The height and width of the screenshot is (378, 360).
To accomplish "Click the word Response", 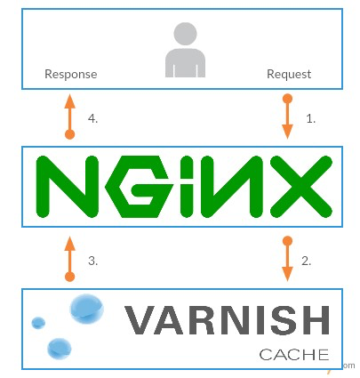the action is pos(71,75).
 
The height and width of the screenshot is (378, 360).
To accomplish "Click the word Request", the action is pos(289,75).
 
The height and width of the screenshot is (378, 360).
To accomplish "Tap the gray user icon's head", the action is pos(185,34).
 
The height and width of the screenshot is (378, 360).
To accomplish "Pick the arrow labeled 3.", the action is pos(69,259).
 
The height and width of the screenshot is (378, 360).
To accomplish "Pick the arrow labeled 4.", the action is pos(69,117).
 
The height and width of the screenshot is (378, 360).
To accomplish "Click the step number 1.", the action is pos(310,118).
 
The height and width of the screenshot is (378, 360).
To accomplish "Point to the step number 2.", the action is pos(307,261).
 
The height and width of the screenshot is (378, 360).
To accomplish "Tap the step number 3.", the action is pos(92,261).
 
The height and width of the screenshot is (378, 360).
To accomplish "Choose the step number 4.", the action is pos(92,118).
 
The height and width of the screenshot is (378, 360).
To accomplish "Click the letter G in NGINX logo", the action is pos(140,187).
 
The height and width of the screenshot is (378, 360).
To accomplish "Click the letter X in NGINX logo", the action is pos(300,187).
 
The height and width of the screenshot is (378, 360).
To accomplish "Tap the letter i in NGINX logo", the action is pos(187,187).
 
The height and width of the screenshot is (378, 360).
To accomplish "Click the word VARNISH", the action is pos(227,320).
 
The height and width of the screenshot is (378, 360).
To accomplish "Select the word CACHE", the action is pos(294,355).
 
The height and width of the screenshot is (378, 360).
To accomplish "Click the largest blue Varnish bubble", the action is pos(86,309).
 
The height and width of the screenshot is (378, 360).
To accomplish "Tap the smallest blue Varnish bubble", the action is pos(38,323).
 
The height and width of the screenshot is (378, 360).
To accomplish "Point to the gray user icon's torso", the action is pos(185,63).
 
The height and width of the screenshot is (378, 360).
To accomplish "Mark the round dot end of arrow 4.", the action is pos(69,134).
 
